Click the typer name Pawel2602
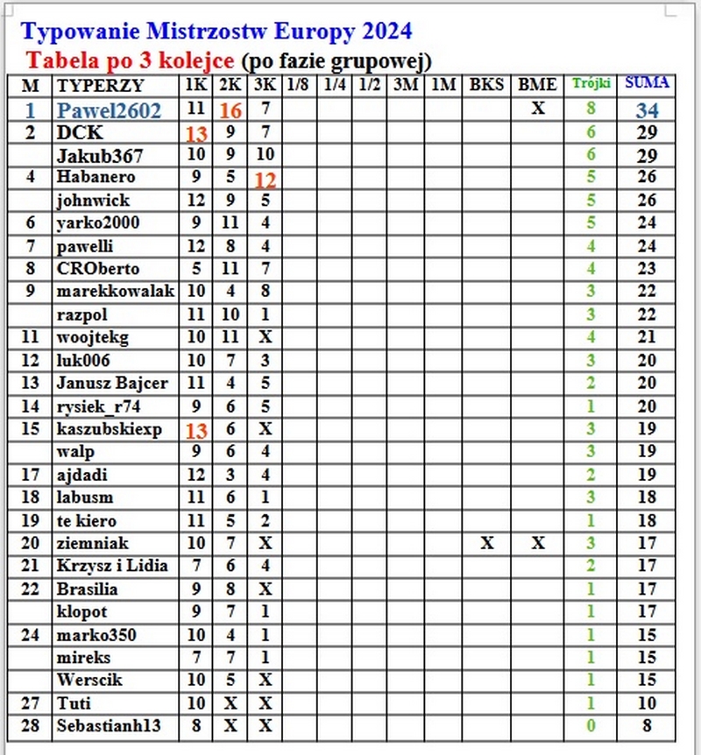109,110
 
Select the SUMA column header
648,84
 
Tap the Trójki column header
591,84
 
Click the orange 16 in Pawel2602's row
230,110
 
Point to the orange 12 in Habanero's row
266,180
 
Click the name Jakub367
100,156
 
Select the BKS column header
486,85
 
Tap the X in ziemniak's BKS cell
486,543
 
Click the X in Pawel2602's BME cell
538,109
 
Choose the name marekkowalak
115,291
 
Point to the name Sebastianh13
108,726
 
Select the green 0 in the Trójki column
591,726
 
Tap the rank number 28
30,726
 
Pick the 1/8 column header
299,85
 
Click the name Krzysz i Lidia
112,566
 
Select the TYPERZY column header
99,86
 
